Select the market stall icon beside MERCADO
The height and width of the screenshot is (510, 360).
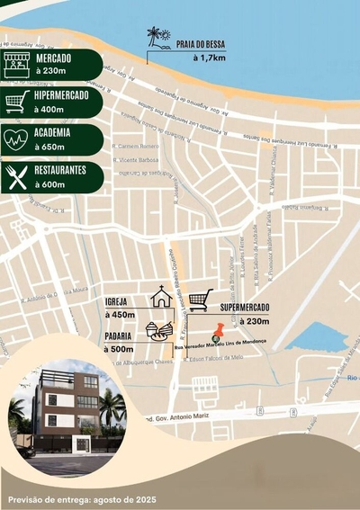coord(16,64)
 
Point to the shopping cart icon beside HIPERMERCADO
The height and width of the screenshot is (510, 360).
coord(16,102)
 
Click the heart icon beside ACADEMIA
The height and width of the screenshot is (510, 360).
coord(16,139)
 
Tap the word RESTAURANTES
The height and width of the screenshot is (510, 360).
coord(60,169)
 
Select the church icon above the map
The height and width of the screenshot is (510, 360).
coord(161,297)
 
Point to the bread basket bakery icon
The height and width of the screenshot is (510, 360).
coord(158,331)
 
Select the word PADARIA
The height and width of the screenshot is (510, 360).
coord(120,336)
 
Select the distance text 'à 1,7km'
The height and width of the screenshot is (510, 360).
coord(209,58)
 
